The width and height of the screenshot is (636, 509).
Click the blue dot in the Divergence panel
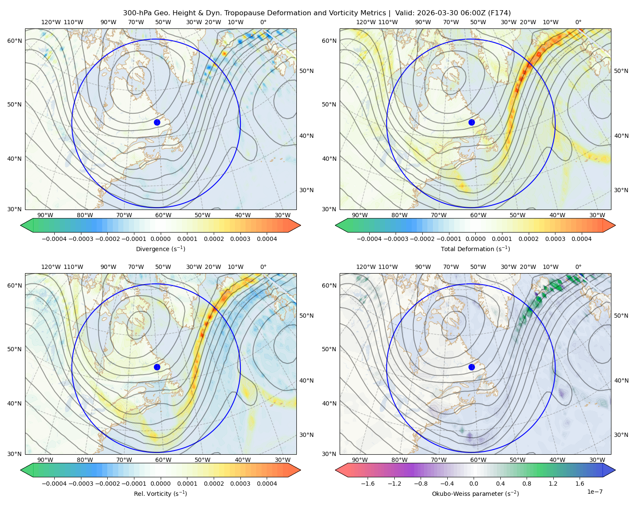click(157, 122)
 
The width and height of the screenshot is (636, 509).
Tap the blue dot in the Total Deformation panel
click(471, 122)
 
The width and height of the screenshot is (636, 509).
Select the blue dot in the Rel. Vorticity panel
click(157, 367)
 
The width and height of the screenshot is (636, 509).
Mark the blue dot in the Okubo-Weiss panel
click(471, 367)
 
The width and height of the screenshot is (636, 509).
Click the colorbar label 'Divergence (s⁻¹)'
click(160, 249)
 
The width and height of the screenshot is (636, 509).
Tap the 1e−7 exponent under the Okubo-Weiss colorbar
click(594, 492)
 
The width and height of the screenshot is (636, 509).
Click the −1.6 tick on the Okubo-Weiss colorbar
click(368, 483)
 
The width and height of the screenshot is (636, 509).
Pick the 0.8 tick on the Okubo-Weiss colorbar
click(527, 483)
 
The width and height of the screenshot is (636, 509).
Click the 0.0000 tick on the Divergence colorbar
click(160, 239)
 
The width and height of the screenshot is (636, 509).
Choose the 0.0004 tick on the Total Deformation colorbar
click(581, 239)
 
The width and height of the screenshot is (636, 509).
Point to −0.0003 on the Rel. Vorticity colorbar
click(81, 483)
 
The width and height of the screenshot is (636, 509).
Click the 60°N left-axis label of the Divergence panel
click(14, 41)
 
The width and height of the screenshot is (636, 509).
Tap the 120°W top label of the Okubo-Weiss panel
click(365, 267)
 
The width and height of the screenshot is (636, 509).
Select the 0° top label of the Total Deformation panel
click(578, 22)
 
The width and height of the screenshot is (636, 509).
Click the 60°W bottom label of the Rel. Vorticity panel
click(163, 460)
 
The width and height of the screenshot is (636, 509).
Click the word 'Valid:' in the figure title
click(404, 13)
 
